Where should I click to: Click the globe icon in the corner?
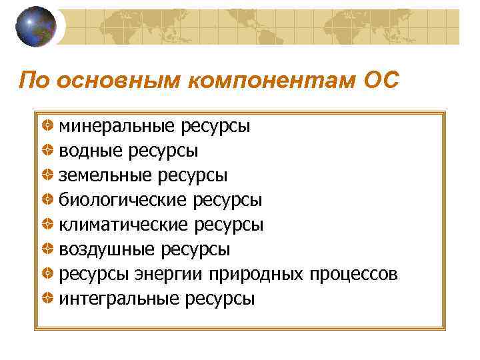tap(35, 27)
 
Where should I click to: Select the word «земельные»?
tap(105, 175)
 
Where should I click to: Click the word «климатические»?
tap(124, 224)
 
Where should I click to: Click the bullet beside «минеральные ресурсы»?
tap(48, 125)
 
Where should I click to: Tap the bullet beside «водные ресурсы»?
tap(48, 150)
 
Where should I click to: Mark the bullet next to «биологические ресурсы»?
tap(48, 199)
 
